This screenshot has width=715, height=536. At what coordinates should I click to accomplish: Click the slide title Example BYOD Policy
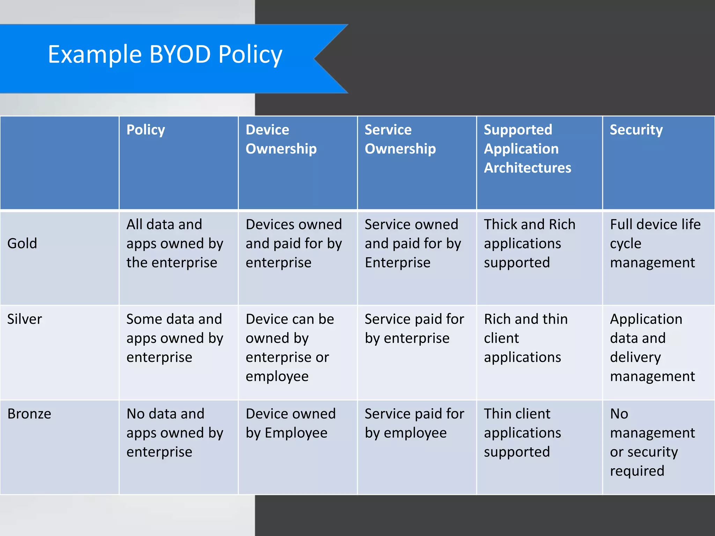165,55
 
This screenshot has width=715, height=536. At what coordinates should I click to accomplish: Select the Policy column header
146,130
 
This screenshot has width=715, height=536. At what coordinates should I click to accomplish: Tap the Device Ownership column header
281,139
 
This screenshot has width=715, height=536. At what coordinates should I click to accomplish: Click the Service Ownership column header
400,139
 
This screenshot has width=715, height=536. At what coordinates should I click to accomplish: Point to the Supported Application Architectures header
527,149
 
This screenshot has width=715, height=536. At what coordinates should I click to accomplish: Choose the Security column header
636,130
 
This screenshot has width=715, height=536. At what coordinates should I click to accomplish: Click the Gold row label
22,243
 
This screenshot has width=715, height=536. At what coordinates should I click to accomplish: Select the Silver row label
24,319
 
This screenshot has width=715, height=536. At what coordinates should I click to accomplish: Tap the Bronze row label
29,414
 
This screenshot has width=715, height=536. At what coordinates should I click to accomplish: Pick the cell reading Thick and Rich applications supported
529,243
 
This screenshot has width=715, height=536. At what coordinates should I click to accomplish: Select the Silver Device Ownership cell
289,348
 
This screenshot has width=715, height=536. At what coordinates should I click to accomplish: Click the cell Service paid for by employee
414,423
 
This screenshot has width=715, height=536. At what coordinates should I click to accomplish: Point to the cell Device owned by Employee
290,423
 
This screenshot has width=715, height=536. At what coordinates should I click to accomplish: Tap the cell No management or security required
652,442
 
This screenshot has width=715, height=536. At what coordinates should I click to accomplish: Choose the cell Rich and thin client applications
525,338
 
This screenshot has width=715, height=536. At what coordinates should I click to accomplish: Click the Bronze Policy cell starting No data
175,433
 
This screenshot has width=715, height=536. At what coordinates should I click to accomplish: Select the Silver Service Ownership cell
414,328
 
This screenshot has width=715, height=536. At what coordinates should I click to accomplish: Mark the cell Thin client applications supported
522,433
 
